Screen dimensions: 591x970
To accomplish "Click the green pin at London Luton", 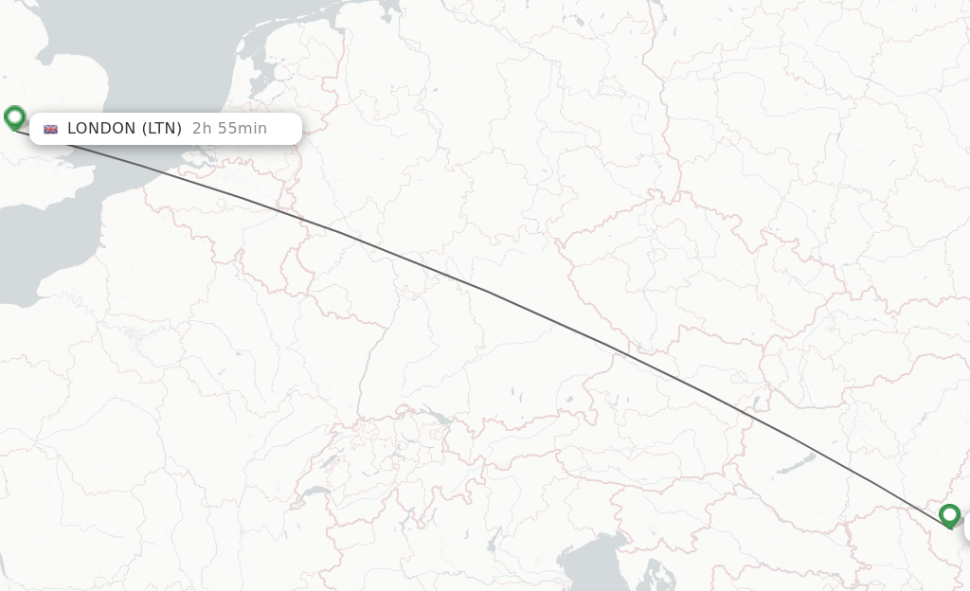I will coord(14,117).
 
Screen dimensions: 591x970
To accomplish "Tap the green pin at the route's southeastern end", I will coord(949,514).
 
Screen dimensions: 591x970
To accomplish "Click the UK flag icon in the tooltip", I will coord(51,129).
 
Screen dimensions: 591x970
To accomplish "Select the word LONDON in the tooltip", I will coord(101,128).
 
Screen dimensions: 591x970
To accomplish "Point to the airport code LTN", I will coord(162,128).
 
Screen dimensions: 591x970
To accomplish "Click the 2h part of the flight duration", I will coord(201,128).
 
